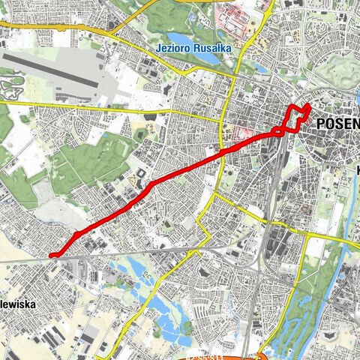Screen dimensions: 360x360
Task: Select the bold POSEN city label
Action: (337, 124)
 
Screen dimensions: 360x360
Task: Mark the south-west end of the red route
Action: (52, 256)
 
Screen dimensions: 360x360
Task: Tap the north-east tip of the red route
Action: (308, 103)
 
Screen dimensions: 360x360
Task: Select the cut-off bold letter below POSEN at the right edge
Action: (356, 170)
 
